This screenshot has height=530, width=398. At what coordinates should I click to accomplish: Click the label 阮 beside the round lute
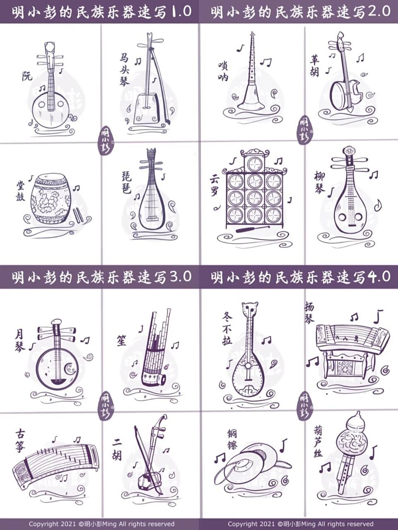tap(27, 76)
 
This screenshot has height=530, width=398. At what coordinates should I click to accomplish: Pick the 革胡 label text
tap(315, 66)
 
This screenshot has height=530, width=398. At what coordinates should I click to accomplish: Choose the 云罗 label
tap(215, 185)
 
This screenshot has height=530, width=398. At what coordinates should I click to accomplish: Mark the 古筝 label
tap(20, 441)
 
